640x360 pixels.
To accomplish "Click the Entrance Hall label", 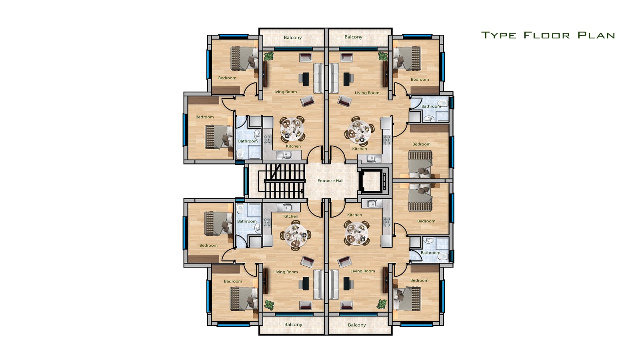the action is click(330, 180).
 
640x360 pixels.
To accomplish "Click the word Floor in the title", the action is click(546, 35).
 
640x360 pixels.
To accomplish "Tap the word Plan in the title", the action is click(596, 35).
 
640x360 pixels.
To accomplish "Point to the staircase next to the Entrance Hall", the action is click(284, 181).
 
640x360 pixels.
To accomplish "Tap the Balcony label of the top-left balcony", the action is click(292, 38).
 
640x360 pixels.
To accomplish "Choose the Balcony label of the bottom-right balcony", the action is click(357, 325).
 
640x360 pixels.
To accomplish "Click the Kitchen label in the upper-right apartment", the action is click(360, 149).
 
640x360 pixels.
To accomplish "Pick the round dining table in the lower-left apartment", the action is click(296, 236).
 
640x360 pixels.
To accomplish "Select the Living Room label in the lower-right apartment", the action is click(362, 271).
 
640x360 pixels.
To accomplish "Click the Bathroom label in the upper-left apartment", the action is click(248, 141).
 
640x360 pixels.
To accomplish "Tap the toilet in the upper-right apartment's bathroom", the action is click(442, 103).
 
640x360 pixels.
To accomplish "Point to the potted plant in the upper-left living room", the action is click(268, 56).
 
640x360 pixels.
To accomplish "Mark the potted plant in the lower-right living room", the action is click(382, 304).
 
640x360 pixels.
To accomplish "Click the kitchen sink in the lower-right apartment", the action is click(372, 204).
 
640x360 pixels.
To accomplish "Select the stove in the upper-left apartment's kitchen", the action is click(267, 140).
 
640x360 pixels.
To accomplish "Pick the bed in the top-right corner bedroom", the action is click(408, 58).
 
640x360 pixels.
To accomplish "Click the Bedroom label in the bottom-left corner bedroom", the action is click(233, 281).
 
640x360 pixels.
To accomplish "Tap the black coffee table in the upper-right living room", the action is click(346, 79).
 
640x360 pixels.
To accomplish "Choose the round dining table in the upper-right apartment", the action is click(358, 132).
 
